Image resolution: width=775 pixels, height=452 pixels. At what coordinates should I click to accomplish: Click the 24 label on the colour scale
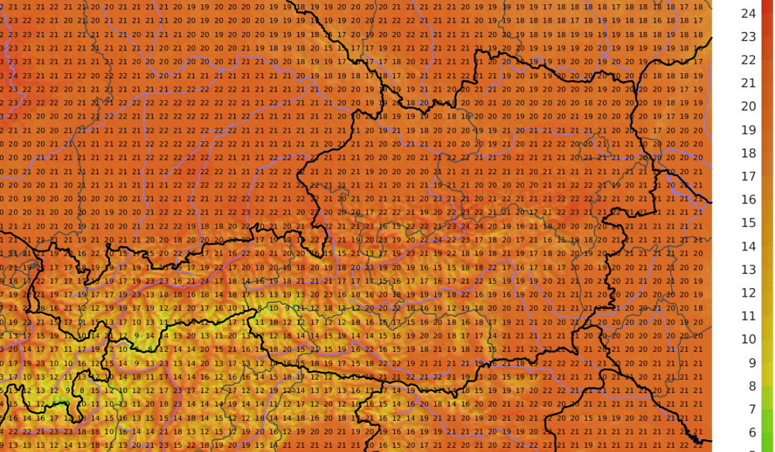(748, 13)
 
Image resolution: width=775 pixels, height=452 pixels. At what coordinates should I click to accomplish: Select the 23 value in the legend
(748, 37)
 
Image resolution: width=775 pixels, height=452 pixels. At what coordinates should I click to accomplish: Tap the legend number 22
(748, 60)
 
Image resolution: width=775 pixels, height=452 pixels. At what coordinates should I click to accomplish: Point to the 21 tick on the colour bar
(748, 84)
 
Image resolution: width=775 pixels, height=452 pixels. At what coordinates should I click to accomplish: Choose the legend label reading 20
(748, 106)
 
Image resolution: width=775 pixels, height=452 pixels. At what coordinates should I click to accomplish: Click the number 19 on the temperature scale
(748, 130)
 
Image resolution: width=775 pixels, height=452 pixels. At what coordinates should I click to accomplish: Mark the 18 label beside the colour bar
(748, 153)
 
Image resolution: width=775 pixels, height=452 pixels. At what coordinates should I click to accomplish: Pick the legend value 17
(748, 177)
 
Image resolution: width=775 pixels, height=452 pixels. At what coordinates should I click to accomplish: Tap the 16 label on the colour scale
(748, 200)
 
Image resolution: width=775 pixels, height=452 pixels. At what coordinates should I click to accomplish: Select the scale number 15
(748, 224)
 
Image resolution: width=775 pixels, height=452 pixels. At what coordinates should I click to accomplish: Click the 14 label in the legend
(748, 247)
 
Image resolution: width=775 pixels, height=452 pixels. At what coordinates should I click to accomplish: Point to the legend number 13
(748, 270)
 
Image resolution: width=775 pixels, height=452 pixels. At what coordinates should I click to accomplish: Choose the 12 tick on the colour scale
(748, 293)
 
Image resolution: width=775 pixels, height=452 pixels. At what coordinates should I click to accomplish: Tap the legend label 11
(748, 316)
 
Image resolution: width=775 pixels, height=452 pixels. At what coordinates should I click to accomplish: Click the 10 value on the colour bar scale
(748, 340)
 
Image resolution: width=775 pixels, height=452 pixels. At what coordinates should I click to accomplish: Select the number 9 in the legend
(748, 363)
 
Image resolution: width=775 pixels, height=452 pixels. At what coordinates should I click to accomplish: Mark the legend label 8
(748, 387)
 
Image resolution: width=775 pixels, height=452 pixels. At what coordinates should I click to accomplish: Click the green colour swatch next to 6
(766, 433)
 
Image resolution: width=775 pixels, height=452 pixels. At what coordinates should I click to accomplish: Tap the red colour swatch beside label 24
(766, 13)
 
